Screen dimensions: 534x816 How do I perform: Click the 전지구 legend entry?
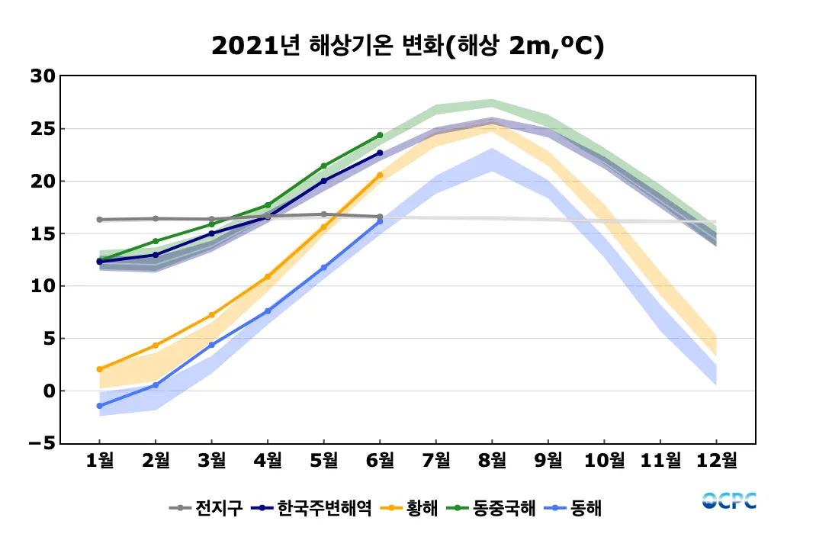click(x=206, y=507)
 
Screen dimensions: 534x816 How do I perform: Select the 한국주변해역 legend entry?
click(x=313, y=507)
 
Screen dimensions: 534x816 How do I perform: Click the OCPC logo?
click(x=729, y=501)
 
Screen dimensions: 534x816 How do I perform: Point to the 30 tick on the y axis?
click(x=43, y=76)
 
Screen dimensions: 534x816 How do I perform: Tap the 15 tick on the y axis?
click(x=43, y=233)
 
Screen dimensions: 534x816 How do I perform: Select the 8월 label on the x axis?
click(x=492, y=460)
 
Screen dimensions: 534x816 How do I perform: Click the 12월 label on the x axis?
click(x=716, y=460)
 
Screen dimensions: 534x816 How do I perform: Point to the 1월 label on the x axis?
click(x=100, y=460)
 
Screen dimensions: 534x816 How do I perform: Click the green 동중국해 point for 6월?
click(x=380, y=135)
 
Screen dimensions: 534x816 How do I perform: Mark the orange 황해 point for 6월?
click(x=380, y=175)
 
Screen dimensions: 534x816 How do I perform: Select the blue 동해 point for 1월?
click(x=100, y=406)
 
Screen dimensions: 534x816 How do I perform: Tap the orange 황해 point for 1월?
click(x=100, y=369)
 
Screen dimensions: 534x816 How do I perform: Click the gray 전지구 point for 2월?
click(x=156, y=218)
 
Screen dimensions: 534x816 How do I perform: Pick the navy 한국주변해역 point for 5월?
click(x=324, y=181)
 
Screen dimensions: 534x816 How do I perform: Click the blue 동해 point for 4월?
click(x=268, y=311)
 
